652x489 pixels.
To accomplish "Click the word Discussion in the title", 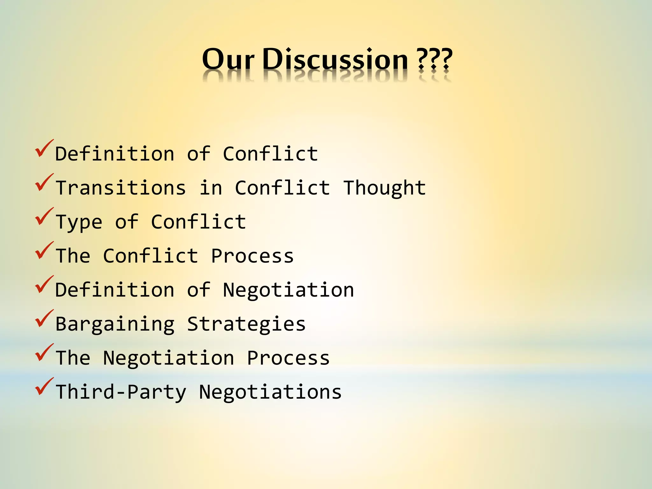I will [335, 60].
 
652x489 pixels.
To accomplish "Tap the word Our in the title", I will [228, 60].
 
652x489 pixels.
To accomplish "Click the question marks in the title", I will [435, 60].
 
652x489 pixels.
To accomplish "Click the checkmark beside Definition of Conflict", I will [44, 149].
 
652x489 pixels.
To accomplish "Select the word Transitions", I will [121, 188].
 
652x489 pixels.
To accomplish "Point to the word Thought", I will [385, 188].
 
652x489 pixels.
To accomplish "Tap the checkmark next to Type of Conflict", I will [44, 217].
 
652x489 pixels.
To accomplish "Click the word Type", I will [79, 222].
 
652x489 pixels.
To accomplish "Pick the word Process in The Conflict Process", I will [252, 256].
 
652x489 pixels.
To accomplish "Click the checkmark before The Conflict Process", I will [44, 251].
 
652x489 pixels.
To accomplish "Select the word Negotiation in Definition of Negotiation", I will [288, 290].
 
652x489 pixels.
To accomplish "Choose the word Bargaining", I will [115, 324].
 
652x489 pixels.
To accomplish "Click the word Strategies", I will [246, 324].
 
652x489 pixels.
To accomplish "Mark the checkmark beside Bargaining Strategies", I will [44, 319].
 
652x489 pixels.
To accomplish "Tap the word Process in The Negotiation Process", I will [288, 358].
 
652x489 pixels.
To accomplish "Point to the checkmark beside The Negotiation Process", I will [44, 353].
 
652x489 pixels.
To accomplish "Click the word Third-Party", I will [121, 392].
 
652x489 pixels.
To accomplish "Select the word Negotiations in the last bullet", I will [270, 392].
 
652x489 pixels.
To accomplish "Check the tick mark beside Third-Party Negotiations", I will [44, 387].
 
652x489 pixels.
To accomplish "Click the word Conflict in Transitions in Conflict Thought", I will [282, 188].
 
